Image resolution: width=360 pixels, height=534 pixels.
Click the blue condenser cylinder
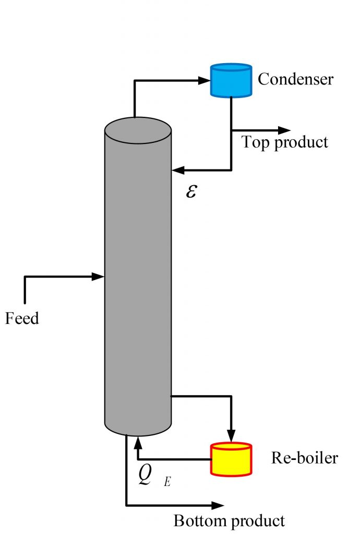click(x=231, y=81)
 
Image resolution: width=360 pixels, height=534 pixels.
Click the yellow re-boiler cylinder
click(x=231, y=459)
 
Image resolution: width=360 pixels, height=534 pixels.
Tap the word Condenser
click(x=295, y=79)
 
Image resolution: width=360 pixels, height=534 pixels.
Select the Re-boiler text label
click(x=304, y=458)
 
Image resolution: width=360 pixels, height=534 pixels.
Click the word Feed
click(x=22, y=318)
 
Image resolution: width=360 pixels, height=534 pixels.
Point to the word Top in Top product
click(x=255, y=142)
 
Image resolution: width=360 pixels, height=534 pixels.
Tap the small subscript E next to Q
click(x=167, y=482)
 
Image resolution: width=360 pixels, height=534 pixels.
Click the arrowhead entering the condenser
click(x=204, y=80)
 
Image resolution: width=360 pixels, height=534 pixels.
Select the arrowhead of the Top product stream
click(x=284, y=130)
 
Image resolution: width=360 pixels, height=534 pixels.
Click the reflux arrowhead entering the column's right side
click(x=178, y=169)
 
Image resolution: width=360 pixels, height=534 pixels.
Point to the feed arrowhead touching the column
click(x=99, y=276)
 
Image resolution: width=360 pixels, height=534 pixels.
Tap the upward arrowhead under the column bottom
click(x=138, y=443)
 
